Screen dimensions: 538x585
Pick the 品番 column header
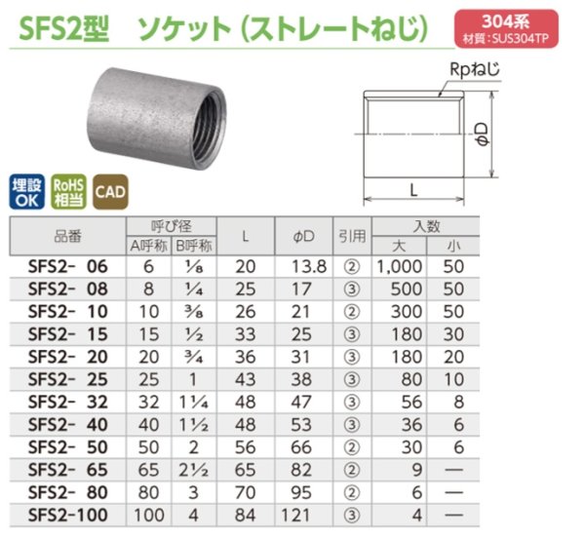[67, 235]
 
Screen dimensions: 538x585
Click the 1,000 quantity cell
[398, 266]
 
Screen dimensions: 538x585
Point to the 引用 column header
[351, 235]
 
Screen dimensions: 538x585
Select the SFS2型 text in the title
[63, 29]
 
